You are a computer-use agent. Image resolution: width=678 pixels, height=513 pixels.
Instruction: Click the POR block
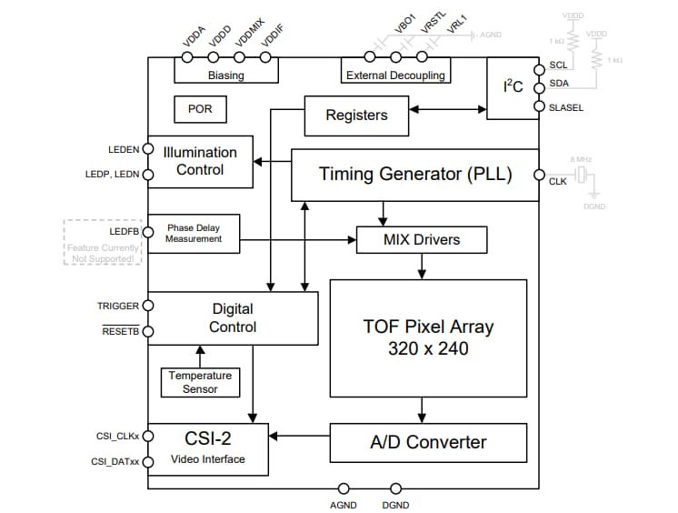point(200,109)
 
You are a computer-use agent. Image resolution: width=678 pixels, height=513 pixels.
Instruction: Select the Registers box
point(356,116)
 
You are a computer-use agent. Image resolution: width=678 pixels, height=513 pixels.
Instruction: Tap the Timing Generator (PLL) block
point(414,174)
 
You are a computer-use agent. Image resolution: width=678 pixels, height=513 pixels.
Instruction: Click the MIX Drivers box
point(422,240)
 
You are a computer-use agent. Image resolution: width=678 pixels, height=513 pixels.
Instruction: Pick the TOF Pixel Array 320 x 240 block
point(428,337)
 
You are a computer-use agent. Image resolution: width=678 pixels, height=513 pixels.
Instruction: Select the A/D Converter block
point(428,443)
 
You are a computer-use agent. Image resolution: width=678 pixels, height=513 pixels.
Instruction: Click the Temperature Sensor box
point(200,382)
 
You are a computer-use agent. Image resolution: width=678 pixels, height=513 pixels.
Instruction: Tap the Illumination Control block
point(201,162)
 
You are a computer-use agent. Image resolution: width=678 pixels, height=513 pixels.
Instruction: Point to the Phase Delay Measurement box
point(194,234)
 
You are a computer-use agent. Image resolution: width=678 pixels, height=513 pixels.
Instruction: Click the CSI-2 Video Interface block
point(208,449)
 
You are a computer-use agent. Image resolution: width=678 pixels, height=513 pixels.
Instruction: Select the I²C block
point(513,87)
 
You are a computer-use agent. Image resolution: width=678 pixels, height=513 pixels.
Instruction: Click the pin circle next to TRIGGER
point(148,307)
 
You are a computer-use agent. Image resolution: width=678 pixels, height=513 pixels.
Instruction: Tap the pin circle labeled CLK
point(539,176)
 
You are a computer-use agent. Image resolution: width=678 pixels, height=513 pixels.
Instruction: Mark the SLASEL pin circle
point(539,107)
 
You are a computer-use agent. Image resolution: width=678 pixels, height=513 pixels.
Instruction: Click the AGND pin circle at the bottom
point(344,489)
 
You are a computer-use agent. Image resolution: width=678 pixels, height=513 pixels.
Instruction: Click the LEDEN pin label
point(124,149)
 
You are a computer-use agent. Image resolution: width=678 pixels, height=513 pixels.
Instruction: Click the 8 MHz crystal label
point(581,159)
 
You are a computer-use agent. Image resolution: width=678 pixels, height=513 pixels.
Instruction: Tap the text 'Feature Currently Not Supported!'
point(103,254)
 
